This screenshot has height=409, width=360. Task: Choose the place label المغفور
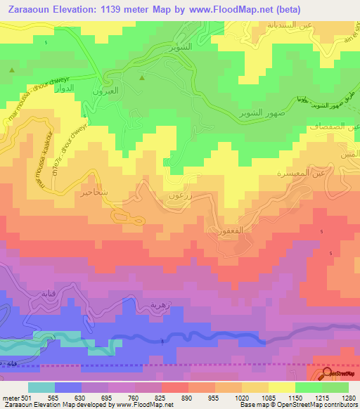pyautogui.click(x=220, y=230)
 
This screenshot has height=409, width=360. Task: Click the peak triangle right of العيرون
pyautogui.click(x=142, y=78)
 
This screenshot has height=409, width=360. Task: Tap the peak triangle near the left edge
pyautogui.click(x=11, y=70)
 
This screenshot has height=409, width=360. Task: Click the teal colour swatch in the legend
pyautogui.click(x=41, y=387)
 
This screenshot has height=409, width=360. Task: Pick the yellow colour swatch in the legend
pyautogui.click(x=281, y=387)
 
